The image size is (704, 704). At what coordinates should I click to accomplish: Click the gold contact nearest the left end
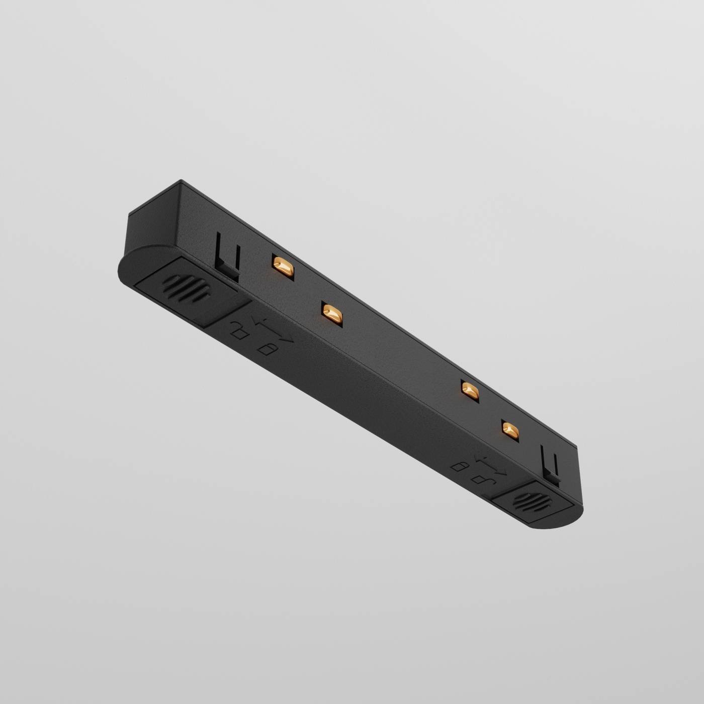(282, 267)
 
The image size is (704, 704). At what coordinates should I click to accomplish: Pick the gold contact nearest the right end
(509, 430)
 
